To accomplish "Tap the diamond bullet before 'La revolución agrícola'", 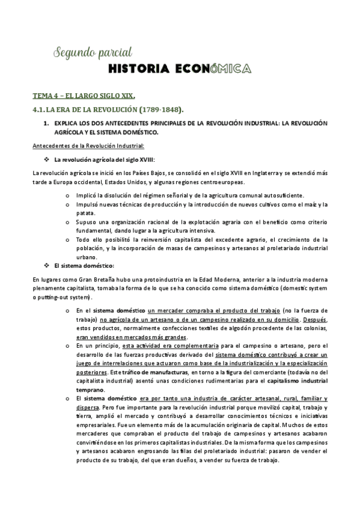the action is tap(46, 159).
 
